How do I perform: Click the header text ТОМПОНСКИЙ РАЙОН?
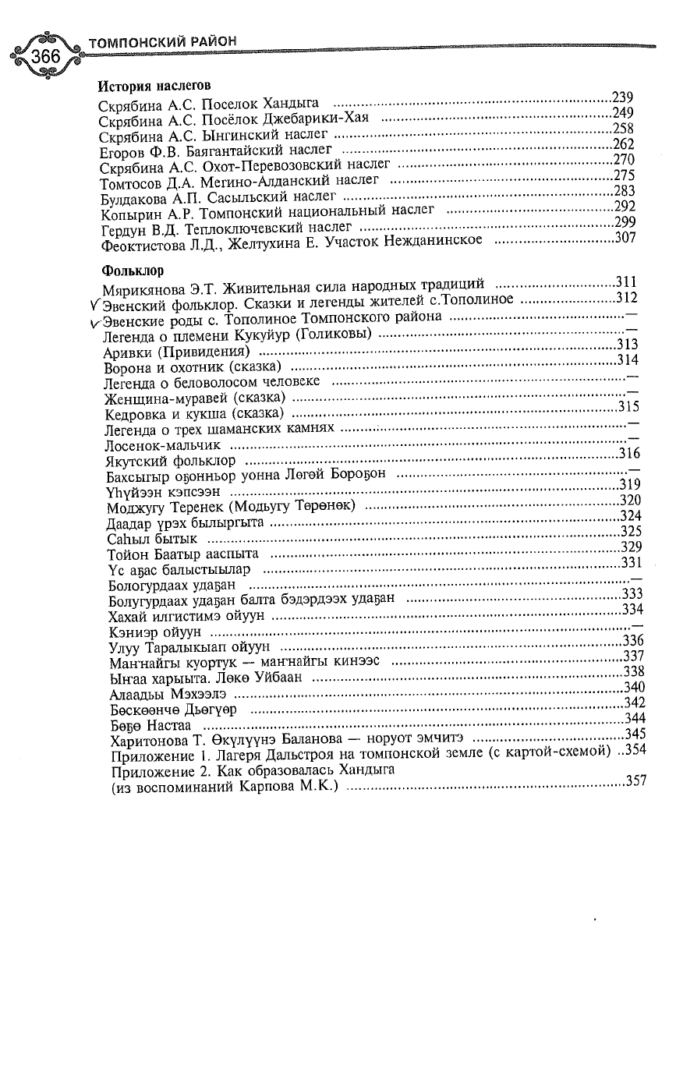click(x=163, y=41)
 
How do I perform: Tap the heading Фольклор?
click(x=133, y=271)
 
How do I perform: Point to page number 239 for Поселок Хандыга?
click(x=623, y=97)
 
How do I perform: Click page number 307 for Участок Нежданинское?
click(x=626, y=239)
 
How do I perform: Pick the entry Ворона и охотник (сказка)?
click(x=193, y=366)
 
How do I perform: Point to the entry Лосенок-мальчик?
click(x=162, y=445)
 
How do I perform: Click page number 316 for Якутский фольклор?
click(x=628, y=454)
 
